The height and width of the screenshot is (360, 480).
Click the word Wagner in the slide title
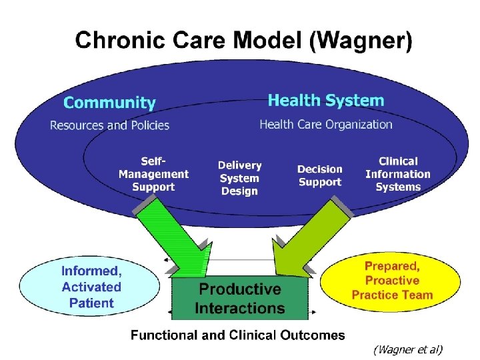tap(363, 41)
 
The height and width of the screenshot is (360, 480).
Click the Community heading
tap(109, 103)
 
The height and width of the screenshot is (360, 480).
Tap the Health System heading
tap(326, 101)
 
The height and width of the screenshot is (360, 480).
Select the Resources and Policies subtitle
tap(110, 125)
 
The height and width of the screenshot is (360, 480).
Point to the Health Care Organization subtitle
tap(326, 124)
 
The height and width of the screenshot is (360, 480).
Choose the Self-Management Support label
tap(153, 174)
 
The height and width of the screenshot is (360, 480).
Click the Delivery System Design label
tap(240, 177)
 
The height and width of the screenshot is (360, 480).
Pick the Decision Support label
tap(319, 175)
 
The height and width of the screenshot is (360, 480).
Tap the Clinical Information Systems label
tap(398, 174)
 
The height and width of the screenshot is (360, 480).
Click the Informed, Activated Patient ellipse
tap(91, 287)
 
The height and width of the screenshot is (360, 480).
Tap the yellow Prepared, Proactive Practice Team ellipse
tap(392, 281)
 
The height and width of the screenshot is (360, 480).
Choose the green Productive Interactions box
tap(240, 299)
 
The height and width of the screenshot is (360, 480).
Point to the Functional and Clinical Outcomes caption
tap(238, 335)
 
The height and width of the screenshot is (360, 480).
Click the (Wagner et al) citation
tap(408, 349)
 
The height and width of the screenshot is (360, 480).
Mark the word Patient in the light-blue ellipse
tap(91, 303)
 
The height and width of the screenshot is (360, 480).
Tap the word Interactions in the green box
tap(240, 309)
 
